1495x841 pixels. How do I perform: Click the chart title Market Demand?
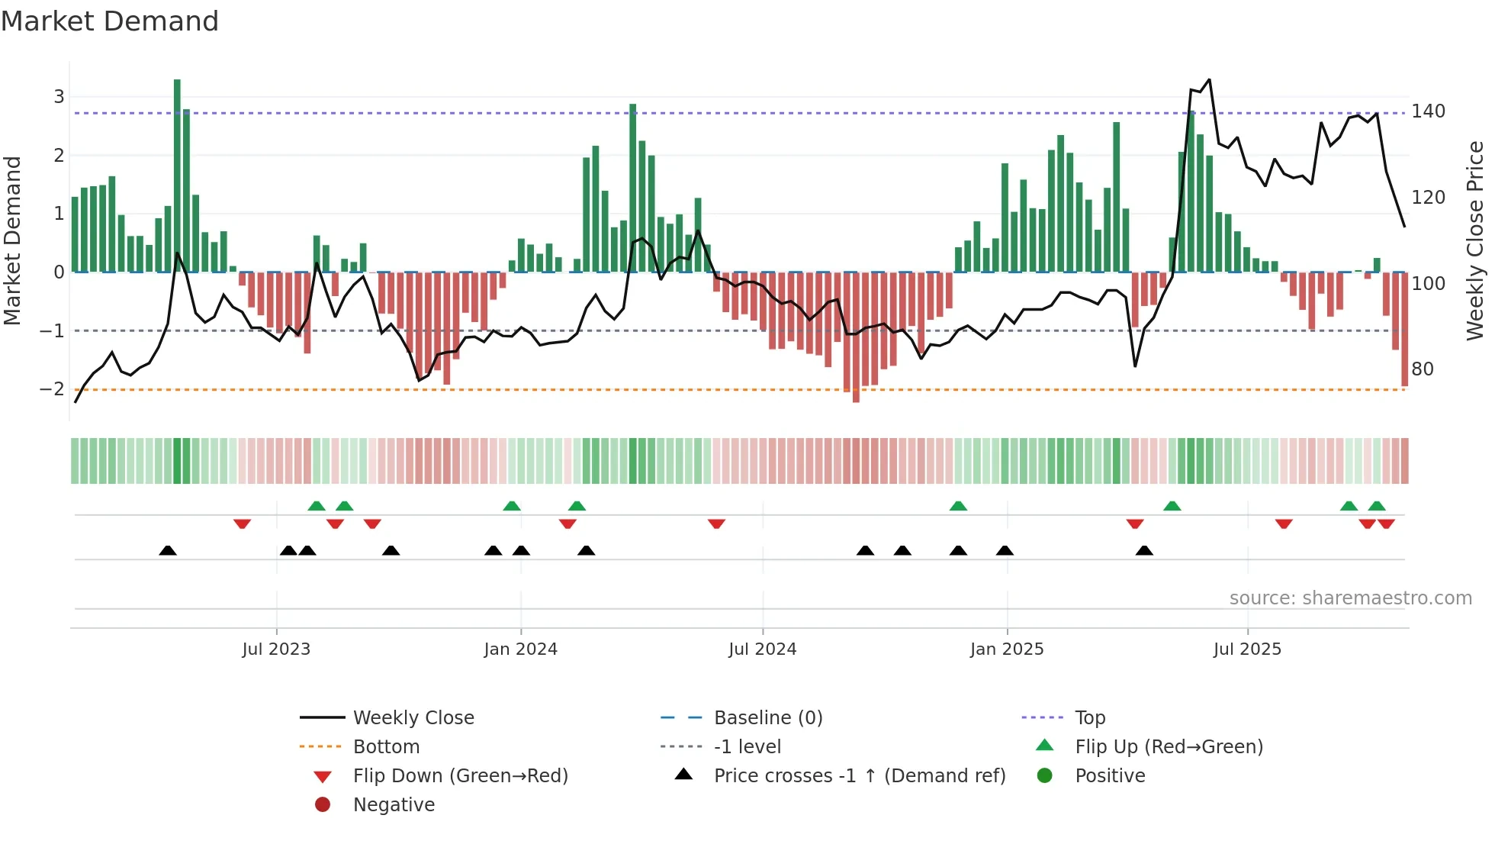point(110,21)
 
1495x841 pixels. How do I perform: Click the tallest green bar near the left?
point(177,176)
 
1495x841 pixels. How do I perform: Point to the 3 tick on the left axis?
point(59,97)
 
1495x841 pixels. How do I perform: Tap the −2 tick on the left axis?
point(52,389)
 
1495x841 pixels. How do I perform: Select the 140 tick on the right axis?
point(1428,111)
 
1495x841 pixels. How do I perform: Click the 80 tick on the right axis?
point(1423,369)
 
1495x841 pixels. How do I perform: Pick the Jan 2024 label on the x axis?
point(520,649)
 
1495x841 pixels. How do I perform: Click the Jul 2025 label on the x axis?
point(1247,649)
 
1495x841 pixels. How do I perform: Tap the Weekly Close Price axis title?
point(1475,240)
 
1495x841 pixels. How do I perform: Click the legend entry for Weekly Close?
point(413,718)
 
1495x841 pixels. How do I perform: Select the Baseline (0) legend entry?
point(767,718)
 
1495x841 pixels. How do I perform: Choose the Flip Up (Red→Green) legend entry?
point(1169,747)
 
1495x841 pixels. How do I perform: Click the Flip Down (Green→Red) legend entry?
point(460,776)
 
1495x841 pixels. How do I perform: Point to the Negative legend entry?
point(394,805)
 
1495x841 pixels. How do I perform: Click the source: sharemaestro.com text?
point(1350,598)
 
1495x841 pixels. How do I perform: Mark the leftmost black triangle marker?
point(168,551)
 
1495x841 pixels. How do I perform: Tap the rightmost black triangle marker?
point(1144,551)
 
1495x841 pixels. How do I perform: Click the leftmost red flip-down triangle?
point(242,524)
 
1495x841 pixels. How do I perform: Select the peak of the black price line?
point(1209,79)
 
